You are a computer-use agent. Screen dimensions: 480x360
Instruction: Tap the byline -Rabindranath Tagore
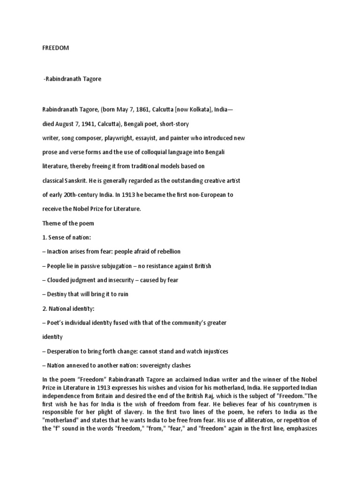pos(72,79)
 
